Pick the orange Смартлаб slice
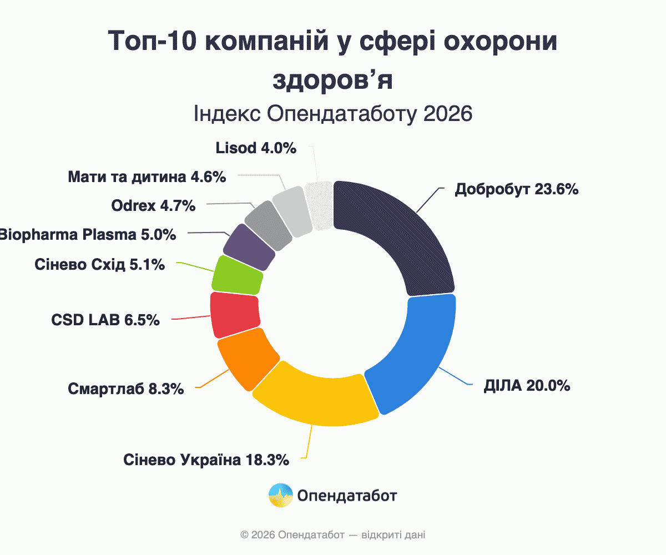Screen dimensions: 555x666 coord(247,358)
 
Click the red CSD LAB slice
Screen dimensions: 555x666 coord(235,315)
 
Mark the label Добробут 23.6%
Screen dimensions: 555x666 coord(517,189)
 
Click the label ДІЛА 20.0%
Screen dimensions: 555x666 coord(527,386)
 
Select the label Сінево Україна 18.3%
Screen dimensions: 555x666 coord(206,460)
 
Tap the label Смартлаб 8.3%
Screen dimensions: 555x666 coord(126,389)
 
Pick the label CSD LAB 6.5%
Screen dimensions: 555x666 coord(105,320)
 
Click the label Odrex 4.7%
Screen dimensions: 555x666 coord(153,206)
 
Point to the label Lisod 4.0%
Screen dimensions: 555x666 coord(255,148)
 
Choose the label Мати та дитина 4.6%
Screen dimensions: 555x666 coord(147,177)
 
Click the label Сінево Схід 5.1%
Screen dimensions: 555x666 coord(99,265)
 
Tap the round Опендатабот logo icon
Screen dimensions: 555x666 coord(281,495)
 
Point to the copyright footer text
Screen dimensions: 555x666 coord(333,535)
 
